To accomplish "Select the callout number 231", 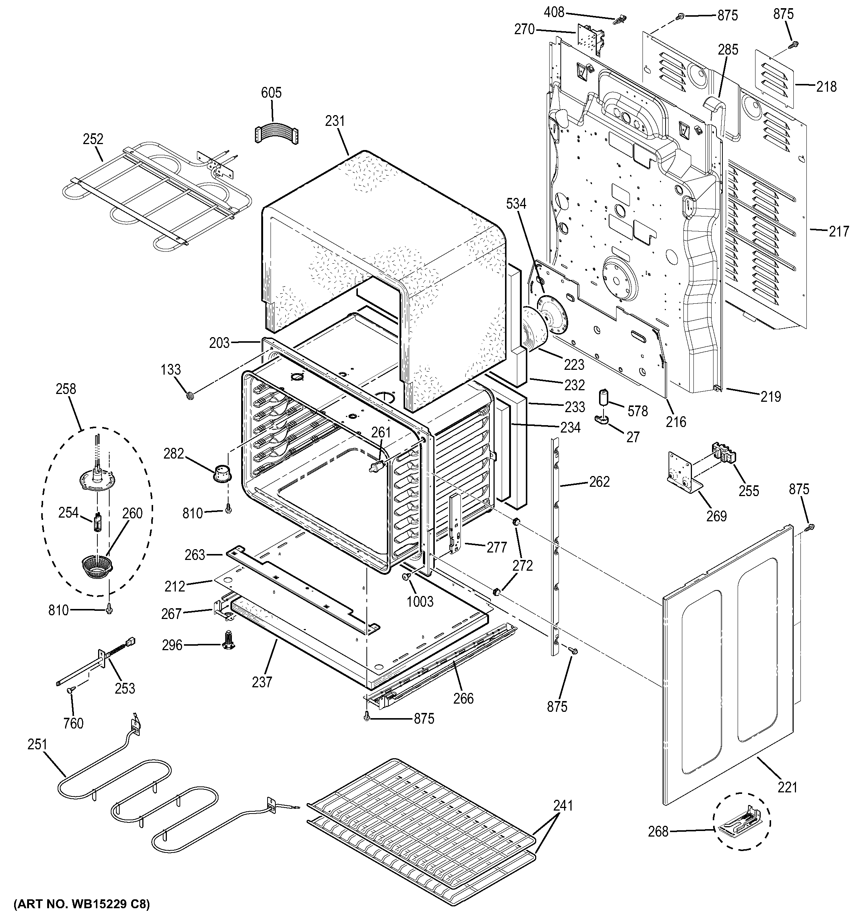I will pyautogui.click(x=335, y=121).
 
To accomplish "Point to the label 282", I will pyautogui.click(x=174, y=453).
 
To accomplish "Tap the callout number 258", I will pyautogui.click(x=66, y=389).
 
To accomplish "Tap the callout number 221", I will pyautogui.click(x=788, y=787).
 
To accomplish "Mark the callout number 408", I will pyautogui.click(x=554, y=13).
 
